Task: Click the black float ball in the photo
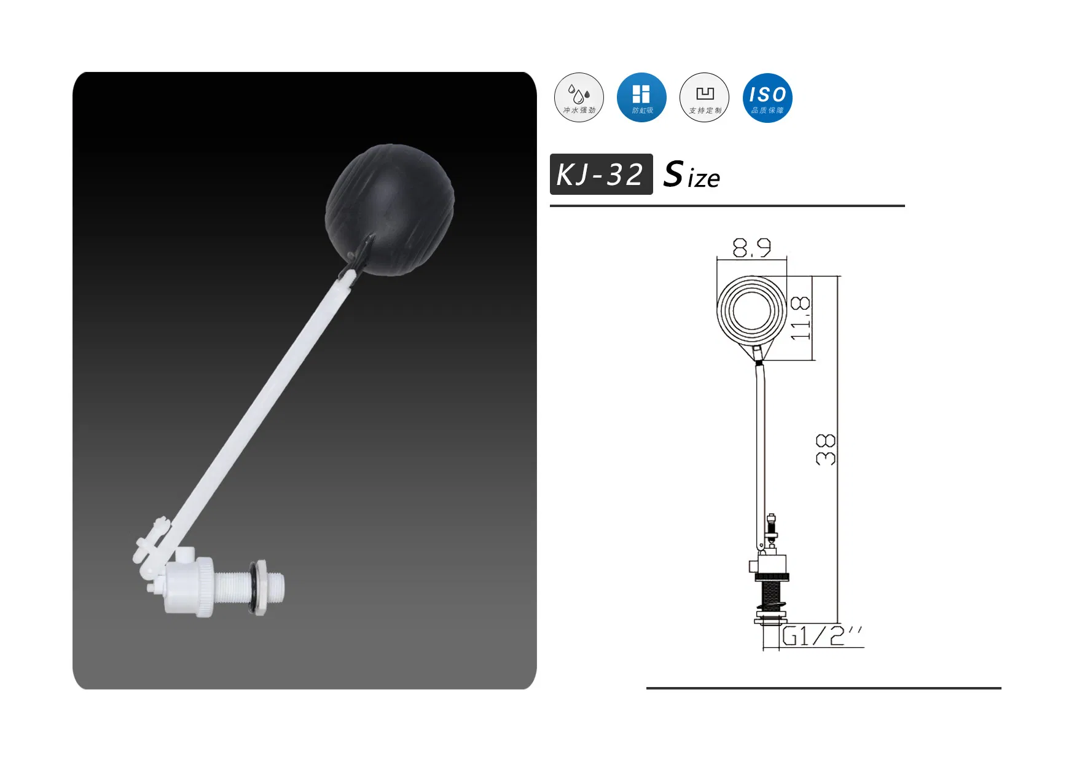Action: [x=390, y=209]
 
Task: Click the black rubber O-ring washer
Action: [x=253, y=587]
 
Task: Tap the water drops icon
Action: [x=579, y=97]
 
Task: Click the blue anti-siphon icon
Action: [x=641, y=97]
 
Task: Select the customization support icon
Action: [x=704, y=97]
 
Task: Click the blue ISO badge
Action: [x=767, y=97]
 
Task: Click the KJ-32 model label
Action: [x=601, y=175]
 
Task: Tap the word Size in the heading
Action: [x=692, y=175]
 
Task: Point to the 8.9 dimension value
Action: [x=751, y=248]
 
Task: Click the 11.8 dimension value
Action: [x=800, y=318]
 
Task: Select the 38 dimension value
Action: [x=826, y=449]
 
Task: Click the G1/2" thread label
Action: [x=822, y=636]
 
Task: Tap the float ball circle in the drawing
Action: [x=751, y=310]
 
